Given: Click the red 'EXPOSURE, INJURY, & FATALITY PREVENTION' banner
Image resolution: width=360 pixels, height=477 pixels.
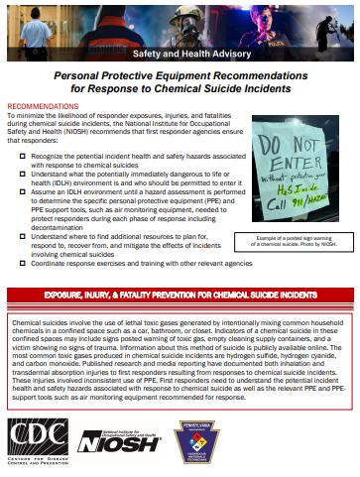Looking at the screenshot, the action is coord(180,297).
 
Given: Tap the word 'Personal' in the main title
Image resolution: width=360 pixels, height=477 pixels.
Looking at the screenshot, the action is coord(83,75).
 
